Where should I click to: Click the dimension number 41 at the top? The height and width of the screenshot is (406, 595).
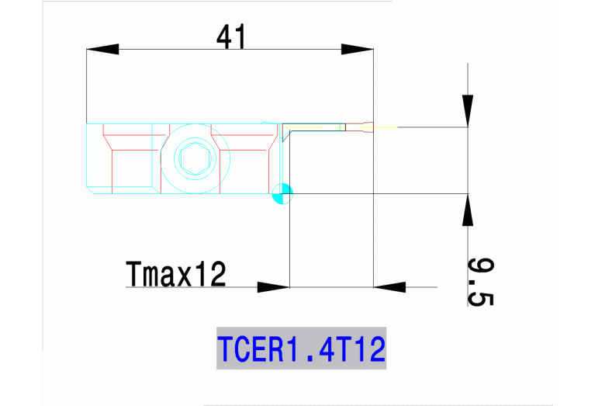[230, 36]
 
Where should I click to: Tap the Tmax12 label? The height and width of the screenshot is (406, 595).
[175, 273]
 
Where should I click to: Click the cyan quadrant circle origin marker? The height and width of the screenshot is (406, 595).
[282, 193]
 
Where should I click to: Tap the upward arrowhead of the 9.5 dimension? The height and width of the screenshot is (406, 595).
[468, 210]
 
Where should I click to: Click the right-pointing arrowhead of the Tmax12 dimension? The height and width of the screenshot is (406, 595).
[273, 286]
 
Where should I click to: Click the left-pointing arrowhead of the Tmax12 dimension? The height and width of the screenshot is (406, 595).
[390, 286]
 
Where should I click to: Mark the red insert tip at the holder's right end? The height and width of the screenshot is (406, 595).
[358, 127]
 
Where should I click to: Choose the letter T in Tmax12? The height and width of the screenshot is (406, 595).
[133, 273]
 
